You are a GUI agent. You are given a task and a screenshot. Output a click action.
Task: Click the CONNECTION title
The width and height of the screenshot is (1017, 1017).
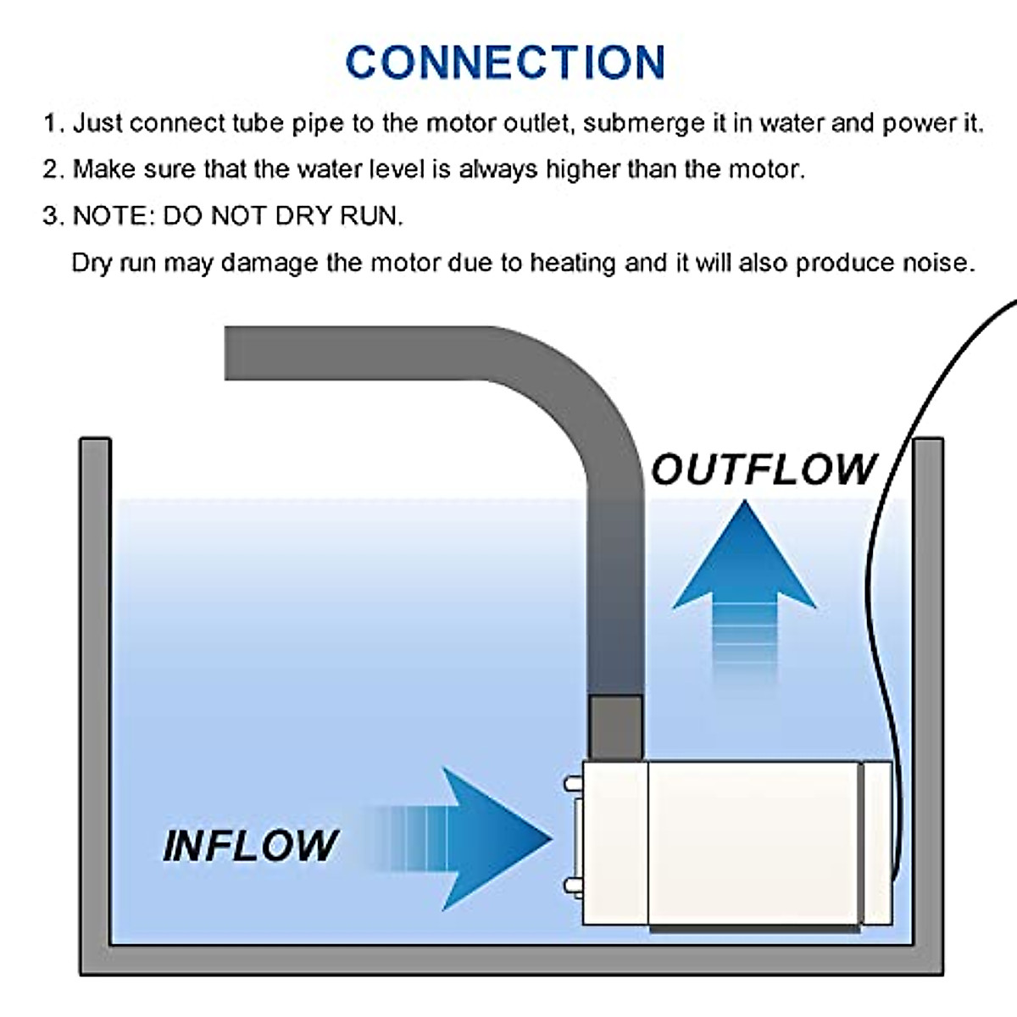[506, 62]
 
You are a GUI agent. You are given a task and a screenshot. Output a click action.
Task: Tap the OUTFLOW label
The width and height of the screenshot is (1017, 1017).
[764, 470]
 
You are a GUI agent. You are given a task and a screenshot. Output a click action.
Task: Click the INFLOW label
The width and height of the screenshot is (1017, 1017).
[251, 845]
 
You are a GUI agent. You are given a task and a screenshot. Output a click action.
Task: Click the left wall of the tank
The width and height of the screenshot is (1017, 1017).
[95, 678]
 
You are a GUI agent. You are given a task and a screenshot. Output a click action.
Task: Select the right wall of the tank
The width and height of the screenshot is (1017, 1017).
[929, 678]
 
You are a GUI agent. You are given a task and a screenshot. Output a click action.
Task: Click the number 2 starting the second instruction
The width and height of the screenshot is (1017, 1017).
[51, 169]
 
